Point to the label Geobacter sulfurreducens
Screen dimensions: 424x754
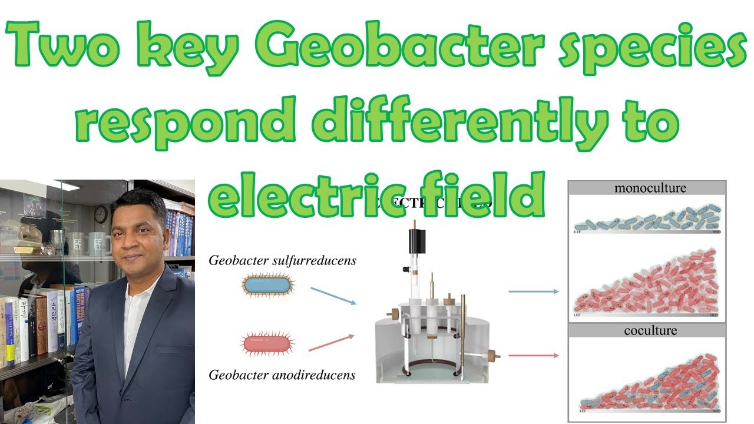[282, 260]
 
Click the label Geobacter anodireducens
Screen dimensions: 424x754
[282, 375]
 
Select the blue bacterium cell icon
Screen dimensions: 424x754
[267, 286]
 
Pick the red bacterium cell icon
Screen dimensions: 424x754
[267, 344]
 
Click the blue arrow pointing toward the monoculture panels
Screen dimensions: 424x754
[533, 291]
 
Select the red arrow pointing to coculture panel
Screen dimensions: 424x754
[533, 355]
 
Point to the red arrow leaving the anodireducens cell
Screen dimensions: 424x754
[331, 343]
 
